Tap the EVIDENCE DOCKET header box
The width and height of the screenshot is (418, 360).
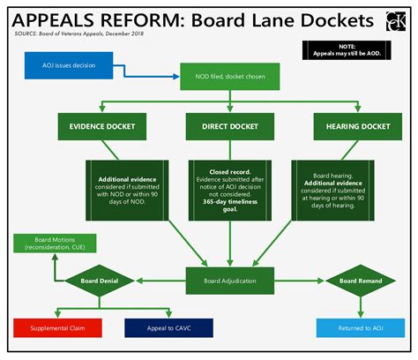point(103,126)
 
